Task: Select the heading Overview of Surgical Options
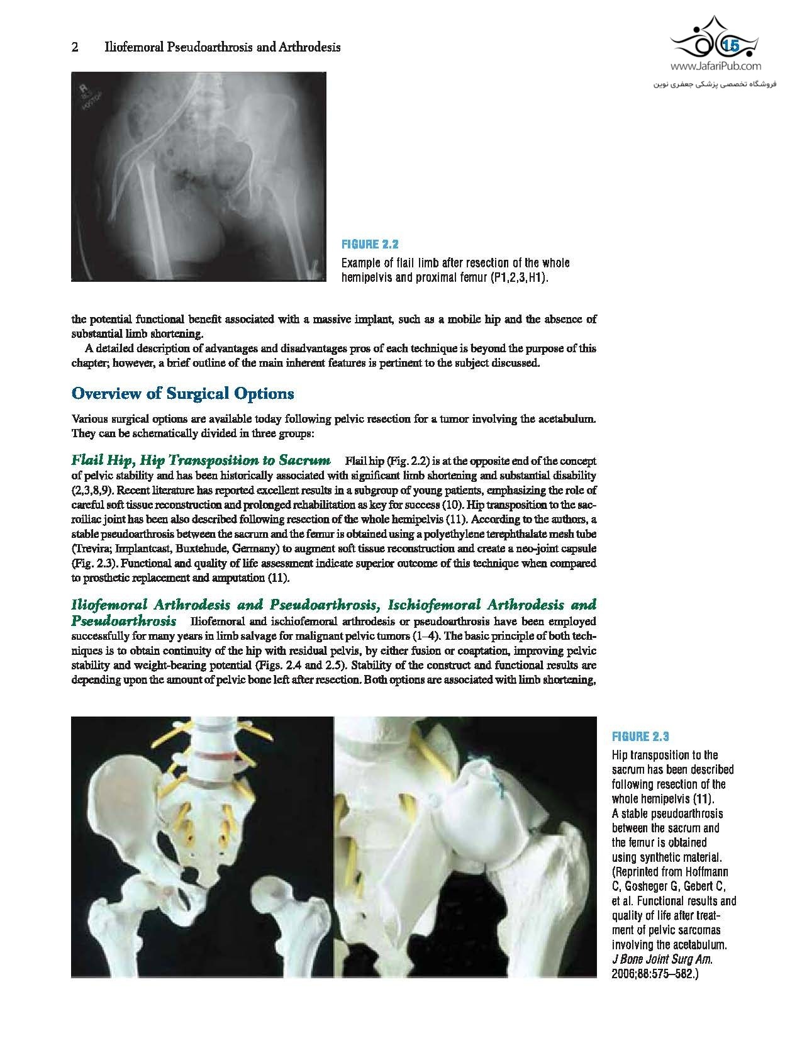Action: pyautogui.click(x=183, y=394)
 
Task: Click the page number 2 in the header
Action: pyautogui.click(x=75, y=47)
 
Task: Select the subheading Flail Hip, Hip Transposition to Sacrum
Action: pyautogui.click(x=201, y=461)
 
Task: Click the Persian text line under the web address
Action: pyautogui.click(x=714, y=82)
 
